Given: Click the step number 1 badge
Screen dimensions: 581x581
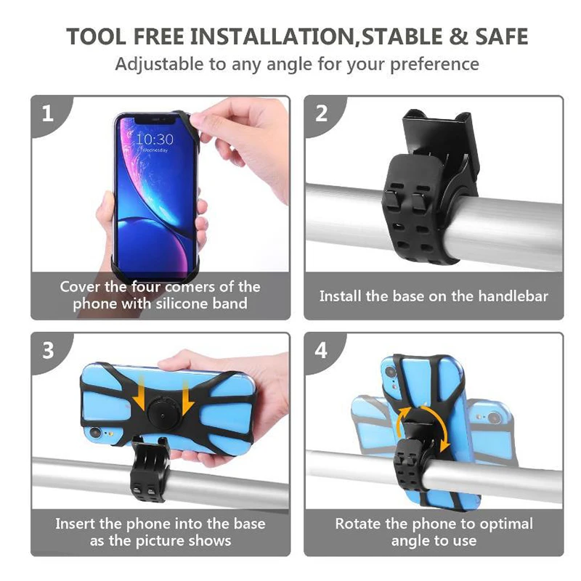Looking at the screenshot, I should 48,113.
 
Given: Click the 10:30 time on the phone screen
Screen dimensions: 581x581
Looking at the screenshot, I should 155,138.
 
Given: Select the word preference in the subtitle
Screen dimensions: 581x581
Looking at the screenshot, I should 435,64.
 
